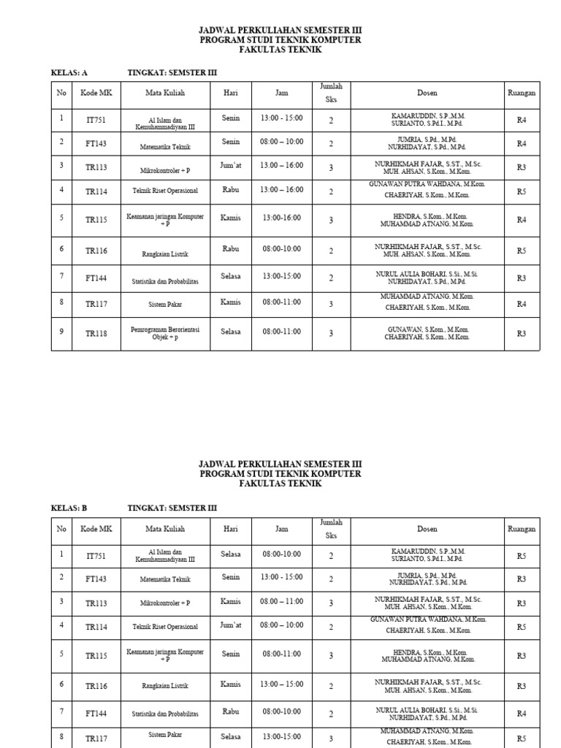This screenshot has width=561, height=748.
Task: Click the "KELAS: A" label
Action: point(69,73)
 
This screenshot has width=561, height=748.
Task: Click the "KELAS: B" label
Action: point(69,508)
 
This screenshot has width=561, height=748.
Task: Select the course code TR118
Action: point(96,334)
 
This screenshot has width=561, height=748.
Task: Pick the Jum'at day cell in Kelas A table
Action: point(231,166)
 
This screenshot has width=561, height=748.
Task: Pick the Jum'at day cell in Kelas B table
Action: point(231,625)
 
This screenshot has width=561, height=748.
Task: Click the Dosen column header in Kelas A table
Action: point(427,93)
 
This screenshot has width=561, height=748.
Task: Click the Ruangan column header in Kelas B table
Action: point(521,529)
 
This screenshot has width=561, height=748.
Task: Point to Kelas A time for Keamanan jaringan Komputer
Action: point(281,218)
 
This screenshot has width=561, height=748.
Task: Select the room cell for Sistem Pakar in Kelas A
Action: point(521,305)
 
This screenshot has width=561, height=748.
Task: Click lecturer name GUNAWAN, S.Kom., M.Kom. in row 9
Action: point(428,329)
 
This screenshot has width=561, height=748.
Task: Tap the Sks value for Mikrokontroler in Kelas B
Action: point(330,603)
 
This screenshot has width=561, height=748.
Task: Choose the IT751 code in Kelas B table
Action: point(96,556)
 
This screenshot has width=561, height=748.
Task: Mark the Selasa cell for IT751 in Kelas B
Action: point(231,554)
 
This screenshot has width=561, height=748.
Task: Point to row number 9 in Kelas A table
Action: point(61,332)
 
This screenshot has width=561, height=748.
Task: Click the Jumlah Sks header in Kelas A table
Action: point(330,93)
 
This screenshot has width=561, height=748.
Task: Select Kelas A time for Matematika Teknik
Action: point(281,142)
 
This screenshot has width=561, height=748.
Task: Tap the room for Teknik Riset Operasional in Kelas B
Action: point(521,627)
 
